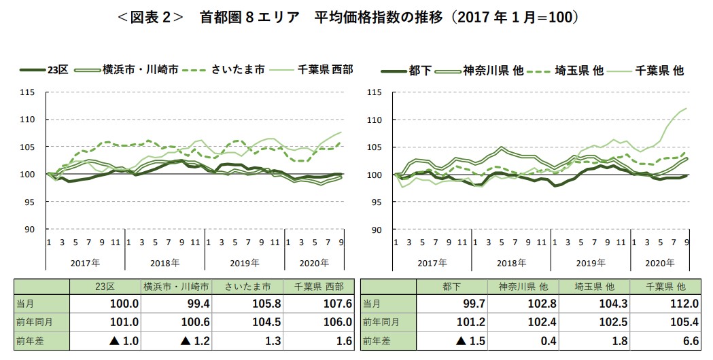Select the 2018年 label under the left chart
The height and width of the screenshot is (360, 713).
tap(165, 262)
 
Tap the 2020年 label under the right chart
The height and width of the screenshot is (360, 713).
tap(660, 262)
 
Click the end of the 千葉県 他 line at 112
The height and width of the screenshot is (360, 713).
tap(686, 109)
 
